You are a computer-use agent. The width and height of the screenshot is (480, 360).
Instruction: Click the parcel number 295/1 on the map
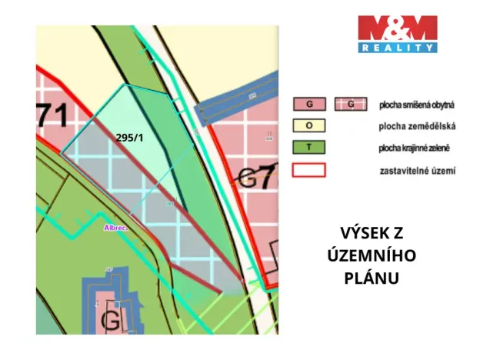coord(130,138)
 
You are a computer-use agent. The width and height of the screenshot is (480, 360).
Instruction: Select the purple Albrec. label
coord(116,228)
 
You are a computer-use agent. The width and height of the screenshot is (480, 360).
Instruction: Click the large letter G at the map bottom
coord(112,316)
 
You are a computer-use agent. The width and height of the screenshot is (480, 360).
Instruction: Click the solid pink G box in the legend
coord(309,104)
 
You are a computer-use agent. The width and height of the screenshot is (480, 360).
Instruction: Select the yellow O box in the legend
coord(309,125)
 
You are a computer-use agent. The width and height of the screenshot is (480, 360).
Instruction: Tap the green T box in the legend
coord(309,147)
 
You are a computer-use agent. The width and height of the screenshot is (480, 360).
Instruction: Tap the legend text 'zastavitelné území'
coord(418,170)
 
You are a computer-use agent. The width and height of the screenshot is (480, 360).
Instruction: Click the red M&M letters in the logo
coord(398,29)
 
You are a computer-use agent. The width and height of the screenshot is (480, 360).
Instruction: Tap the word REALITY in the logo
coord(398,48)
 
